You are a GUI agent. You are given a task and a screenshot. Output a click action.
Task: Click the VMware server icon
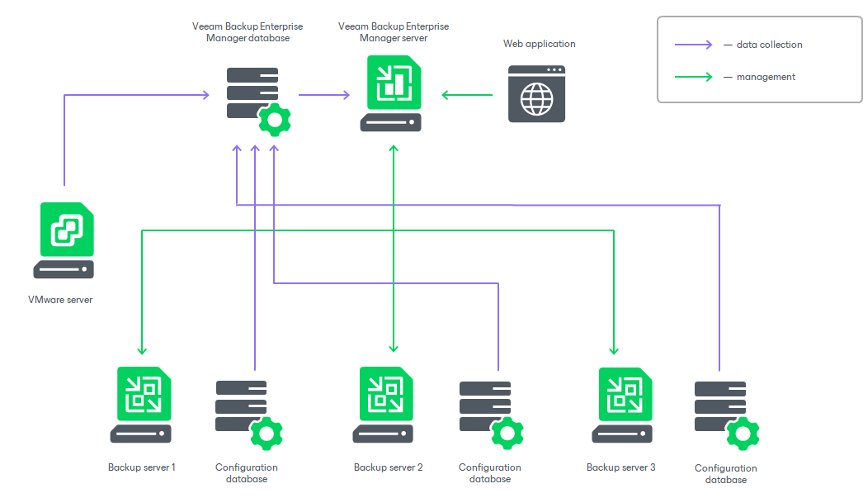[64, 240]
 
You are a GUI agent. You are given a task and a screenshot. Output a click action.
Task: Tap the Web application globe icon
[536, 94]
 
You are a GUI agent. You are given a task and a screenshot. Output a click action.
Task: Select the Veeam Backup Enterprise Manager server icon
[393, 92]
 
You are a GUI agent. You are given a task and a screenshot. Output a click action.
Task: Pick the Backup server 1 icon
[142, 404]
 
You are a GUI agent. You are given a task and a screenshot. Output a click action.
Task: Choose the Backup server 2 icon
[387, 404]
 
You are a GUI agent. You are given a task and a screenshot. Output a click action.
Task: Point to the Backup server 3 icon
[621, 404]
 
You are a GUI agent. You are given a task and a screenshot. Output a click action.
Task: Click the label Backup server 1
[141, 467]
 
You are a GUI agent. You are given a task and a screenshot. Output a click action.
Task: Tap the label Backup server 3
[620, 467]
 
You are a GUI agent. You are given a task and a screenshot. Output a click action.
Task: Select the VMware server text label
[60, 300]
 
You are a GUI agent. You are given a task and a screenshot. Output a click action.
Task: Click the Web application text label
[540, 44]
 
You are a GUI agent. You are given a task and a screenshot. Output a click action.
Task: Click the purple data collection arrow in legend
[693, 45]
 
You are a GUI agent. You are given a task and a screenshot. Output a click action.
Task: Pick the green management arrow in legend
[693, 77]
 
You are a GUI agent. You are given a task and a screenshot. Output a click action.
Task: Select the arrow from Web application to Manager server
[467, 95]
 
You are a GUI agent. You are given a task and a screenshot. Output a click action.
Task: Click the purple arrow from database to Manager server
[323, 95]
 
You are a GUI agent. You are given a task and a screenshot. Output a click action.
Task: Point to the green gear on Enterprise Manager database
[274, 121]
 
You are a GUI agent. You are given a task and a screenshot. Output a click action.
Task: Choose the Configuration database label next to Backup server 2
[490, 473]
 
